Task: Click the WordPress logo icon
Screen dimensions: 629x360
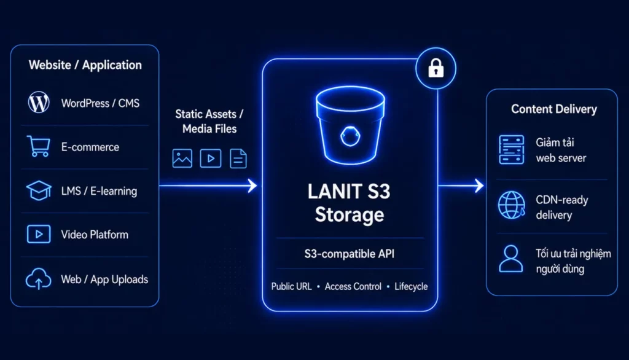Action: pos(39,103)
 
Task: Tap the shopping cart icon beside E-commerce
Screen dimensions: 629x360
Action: pos(39,146)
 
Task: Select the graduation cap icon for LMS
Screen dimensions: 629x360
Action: pos(39,190)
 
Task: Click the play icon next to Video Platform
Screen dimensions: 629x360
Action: pos(39,234)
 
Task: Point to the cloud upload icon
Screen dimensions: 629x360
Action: pos(39,278)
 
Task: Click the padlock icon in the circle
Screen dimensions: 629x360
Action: pos(436,68)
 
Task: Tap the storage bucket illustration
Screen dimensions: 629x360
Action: pos(350,125)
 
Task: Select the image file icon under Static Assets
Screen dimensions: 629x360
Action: pos(182,158)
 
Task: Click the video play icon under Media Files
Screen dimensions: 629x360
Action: pos(211,158)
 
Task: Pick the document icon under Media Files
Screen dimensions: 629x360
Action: pos(238,158)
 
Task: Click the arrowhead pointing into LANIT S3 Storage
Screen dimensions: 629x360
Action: pos(252,186)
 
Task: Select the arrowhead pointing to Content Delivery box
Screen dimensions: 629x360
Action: pos(479,186)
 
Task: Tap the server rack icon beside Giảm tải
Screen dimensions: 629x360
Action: pos(512,149)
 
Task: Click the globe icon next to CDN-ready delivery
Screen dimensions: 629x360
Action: pos(512,205)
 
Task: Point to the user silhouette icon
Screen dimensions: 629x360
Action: pos(511,259)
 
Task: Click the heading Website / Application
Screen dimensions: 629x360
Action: pos(85,65)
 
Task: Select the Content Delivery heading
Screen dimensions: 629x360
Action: pos(554,109)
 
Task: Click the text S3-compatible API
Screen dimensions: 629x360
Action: pos(350,254)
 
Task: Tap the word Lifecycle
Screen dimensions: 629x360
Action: pos(411,286)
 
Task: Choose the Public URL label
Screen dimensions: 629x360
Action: pos(291,286)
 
